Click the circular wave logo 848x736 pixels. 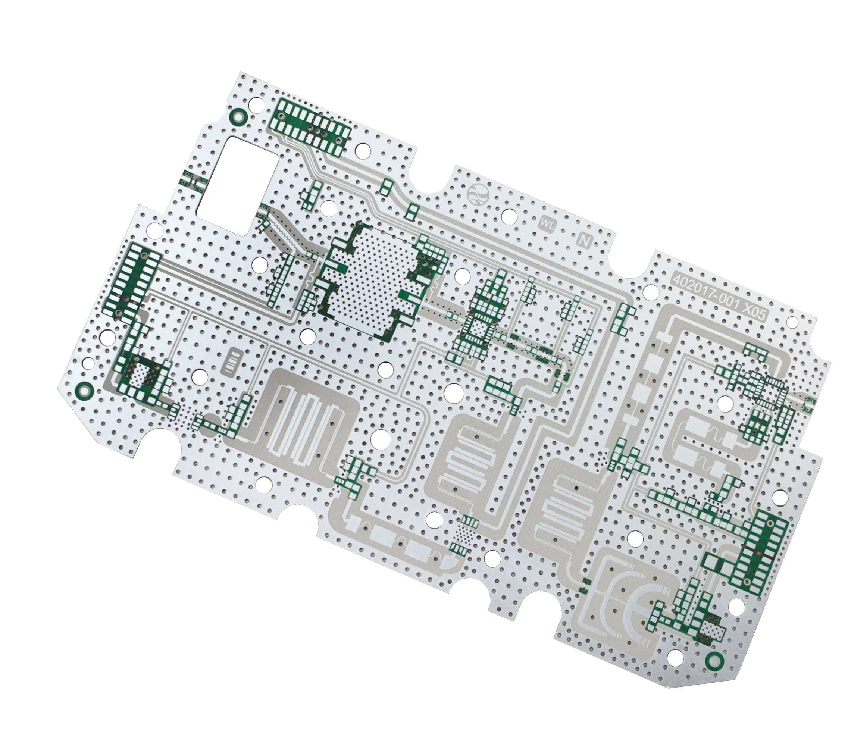(478, 194)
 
